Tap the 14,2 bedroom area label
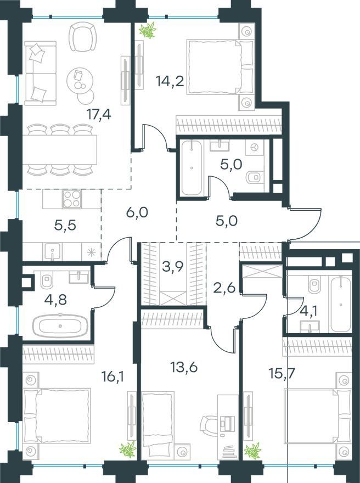[x=170, y=81]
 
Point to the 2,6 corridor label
[x=225, y=289]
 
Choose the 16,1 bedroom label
[x=113, y=376]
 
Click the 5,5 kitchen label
[x=65, y=226]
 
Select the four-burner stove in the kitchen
[x=72, y=199]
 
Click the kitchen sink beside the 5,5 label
[x=53, y=252]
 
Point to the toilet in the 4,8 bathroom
[x=47, y=280]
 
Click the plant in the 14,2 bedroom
[x=148, y=30]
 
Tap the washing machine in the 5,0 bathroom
[x=254, y=148]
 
